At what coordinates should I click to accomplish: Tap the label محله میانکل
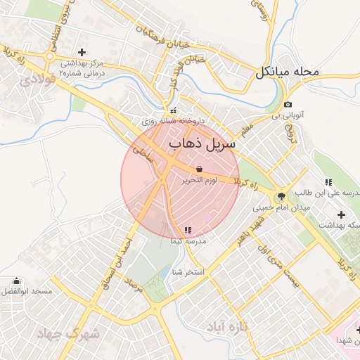pos(288,72)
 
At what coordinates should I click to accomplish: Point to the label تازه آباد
pos(227,327)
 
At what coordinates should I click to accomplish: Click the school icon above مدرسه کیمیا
pos(187,230)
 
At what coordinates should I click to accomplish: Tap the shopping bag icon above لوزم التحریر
pos(199,169)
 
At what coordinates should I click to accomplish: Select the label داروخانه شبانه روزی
pos(173,121)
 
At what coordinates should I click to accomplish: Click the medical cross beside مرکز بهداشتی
pos(82,52)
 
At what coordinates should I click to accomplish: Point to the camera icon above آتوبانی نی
pos(288,104)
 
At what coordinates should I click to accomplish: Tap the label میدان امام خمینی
pos(280,208)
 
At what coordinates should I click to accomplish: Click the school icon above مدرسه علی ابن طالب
pos(328,182)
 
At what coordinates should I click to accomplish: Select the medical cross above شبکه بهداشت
pos(342,214)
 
